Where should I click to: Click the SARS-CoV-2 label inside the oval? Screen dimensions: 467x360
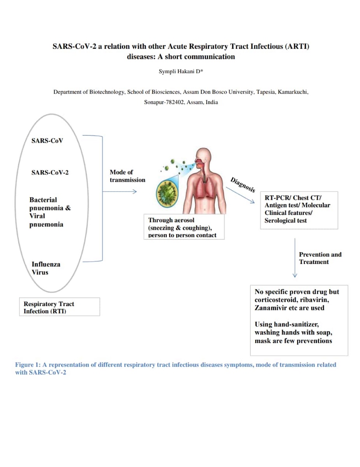click(x=50, y=172)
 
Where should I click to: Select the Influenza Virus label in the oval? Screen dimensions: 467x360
click(x=46, y=268)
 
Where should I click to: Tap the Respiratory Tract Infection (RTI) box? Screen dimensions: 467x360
click(x=59, y=307)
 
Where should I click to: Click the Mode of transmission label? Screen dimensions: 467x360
click(x=127, y=176)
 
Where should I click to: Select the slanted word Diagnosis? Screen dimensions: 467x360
click(x=243, y=185)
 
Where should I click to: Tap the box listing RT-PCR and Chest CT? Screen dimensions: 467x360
click(x=299, y=209)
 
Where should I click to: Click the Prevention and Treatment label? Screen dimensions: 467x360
click(x=320, y=258)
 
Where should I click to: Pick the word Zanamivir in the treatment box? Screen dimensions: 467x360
click(x=271, y=308)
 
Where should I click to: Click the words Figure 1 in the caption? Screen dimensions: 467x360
click(x=27, y=365)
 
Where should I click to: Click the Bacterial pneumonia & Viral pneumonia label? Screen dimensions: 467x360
click(x=50, y=212)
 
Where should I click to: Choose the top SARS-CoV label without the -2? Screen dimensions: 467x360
click(x=47, y=140)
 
